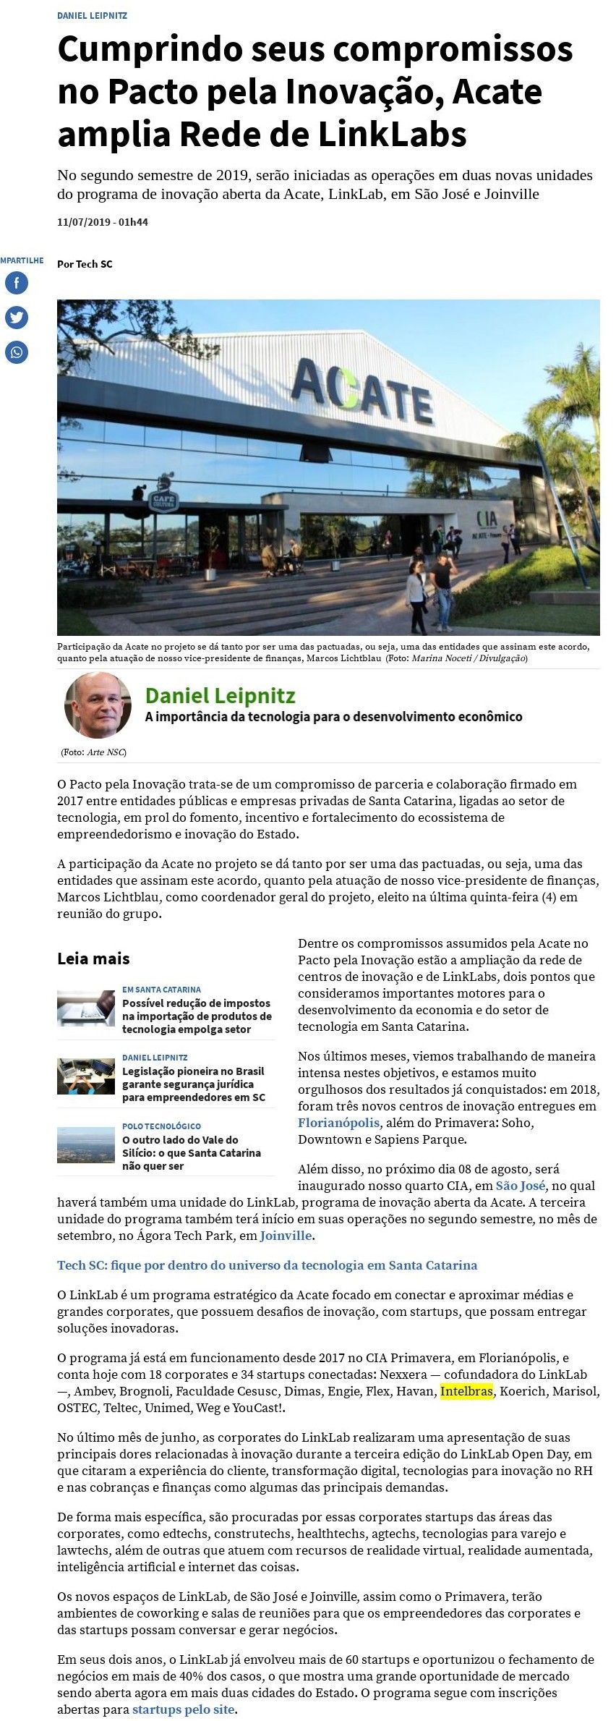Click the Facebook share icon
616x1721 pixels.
tap(17, 282)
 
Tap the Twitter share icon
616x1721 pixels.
tap(17, 317)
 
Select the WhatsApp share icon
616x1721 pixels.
tap(17, 352)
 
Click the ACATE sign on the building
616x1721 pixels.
tap(361, 391)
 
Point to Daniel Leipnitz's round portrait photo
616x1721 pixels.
tap(98, 705)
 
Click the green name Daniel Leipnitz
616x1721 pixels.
tap(221, 696)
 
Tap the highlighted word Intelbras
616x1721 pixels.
tap(466, 1390)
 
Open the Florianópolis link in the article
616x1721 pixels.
tap(338, 1123)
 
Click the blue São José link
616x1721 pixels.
tap(520, 1186)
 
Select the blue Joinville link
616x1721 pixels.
tap(286, 1236)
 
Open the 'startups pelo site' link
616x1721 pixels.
tap(184, 1709)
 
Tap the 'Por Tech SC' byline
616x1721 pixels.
tap(85, 264)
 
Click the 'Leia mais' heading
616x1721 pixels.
tap(93, 959)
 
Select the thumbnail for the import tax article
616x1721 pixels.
tap(86, 1008)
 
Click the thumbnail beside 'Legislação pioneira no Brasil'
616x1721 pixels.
tap(86, 1076)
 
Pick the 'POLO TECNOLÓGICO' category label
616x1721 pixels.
tap(161, 1126)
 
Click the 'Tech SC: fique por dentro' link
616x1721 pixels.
tap(267, 1265)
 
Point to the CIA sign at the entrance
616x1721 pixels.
tap(487, 518)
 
